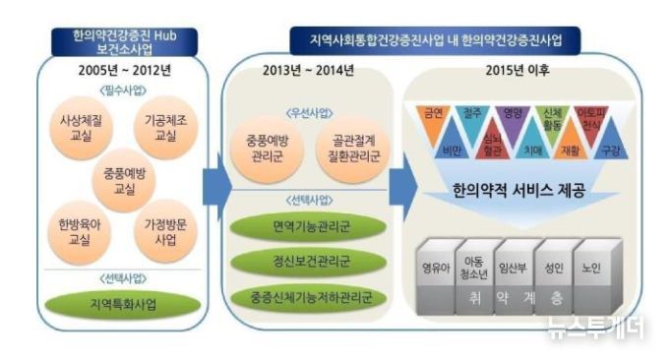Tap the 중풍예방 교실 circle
coord(118,177)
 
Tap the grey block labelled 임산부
coord(518,268)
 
